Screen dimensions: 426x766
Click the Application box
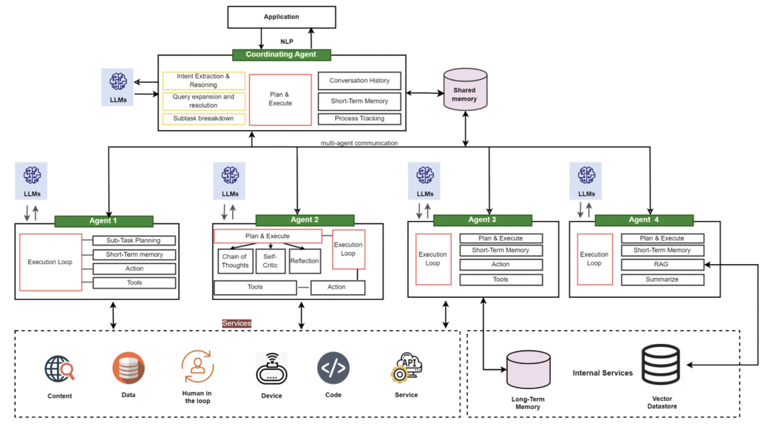point(281,17)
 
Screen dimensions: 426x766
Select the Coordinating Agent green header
point(281,54)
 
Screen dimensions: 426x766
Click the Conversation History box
point(359,81)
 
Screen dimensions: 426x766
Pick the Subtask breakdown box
point(203,119)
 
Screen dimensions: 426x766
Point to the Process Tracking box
point(359,119)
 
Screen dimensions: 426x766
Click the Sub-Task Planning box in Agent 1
point(134,240)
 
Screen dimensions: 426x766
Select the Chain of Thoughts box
point(235,261)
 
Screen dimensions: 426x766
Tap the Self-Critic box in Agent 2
point(270,261)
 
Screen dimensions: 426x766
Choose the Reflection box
point(305,261)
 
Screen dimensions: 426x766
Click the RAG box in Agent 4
point(662,264)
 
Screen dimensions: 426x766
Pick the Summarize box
point(662,279)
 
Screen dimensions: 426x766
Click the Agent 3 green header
point(482,220)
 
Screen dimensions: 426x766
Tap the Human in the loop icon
point(197,367)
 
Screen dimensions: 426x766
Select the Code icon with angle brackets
point(333,368)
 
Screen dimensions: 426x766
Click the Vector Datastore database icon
point(661,364)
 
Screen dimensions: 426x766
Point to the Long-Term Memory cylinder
point(528,370)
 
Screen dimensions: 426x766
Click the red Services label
point(237,323)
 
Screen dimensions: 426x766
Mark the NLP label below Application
point(286,42)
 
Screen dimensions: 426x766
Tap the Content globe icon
point(59,369)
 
